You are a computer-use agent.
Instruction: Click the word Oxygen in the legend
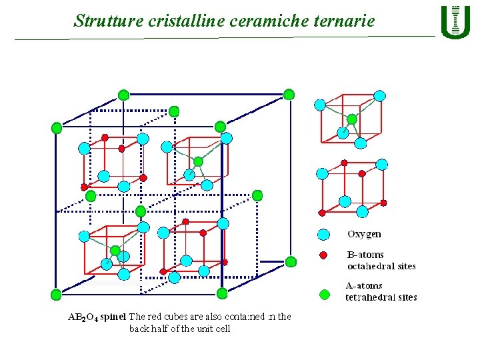[x=364, y=234]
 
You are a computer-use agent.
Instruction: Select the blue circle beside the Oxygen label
[x=323, y=235]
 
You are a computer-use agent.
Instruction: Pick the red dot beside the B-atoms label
[x=323, y=255]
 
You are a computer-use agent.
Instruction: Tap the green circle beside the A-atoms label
[x=325, y=294]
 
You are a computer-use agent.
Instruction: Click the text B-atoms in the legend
[x=365, y=255]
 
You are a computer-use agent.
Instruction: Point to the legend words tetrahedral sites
[x=381, y=297]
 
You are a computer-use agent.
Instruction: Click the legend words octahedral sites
[x=381, y=266]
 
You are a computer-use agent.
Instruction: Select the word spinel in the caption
[x=113, y=317]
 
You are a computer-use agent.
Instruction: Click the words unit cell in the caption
[x=212, y=329]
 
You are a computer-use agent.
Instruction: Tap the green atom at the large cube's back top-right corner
[x=289, y=95]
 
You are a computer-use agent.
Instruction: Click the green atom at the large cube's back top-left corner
[x=123, y=95]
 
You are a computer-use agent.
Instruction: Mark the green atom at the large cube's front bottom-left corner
[x=56, y=293]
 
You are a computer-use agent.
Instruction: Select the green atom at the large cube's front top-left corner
[x=57, y=127]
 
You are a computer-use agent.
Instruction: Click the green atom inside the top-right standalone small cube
[x=352, y=119]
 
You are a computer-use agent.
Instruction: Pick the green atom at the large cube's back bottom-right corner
[x=290, y=261]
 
